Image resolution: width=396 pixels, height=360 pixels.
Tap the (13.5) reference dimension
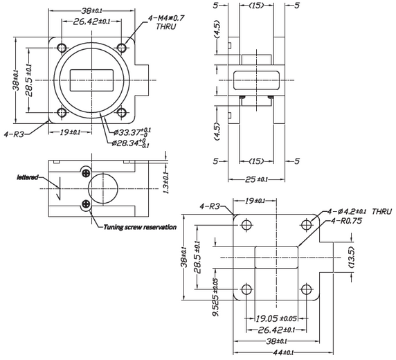pyautogui.click(x=352, y=256)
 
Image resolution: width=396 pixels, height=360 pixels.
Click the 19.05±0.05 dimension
pyautogui.click(x=276, y=319)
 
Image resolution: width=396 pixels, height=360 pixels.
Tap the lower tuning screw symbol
pyautogui.click(x=85, y=204)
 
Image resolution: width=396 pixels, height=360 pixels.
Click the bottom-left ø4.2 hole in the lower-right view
pyautogui.click(x=246, y=288)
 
